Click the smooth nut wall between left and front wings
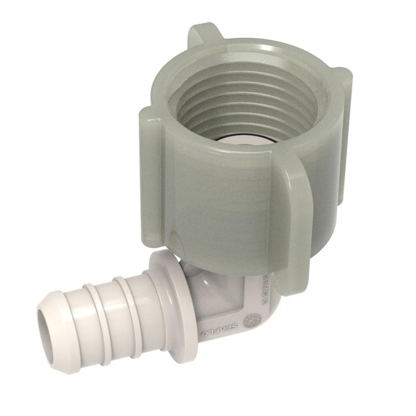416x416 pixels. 208,208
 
